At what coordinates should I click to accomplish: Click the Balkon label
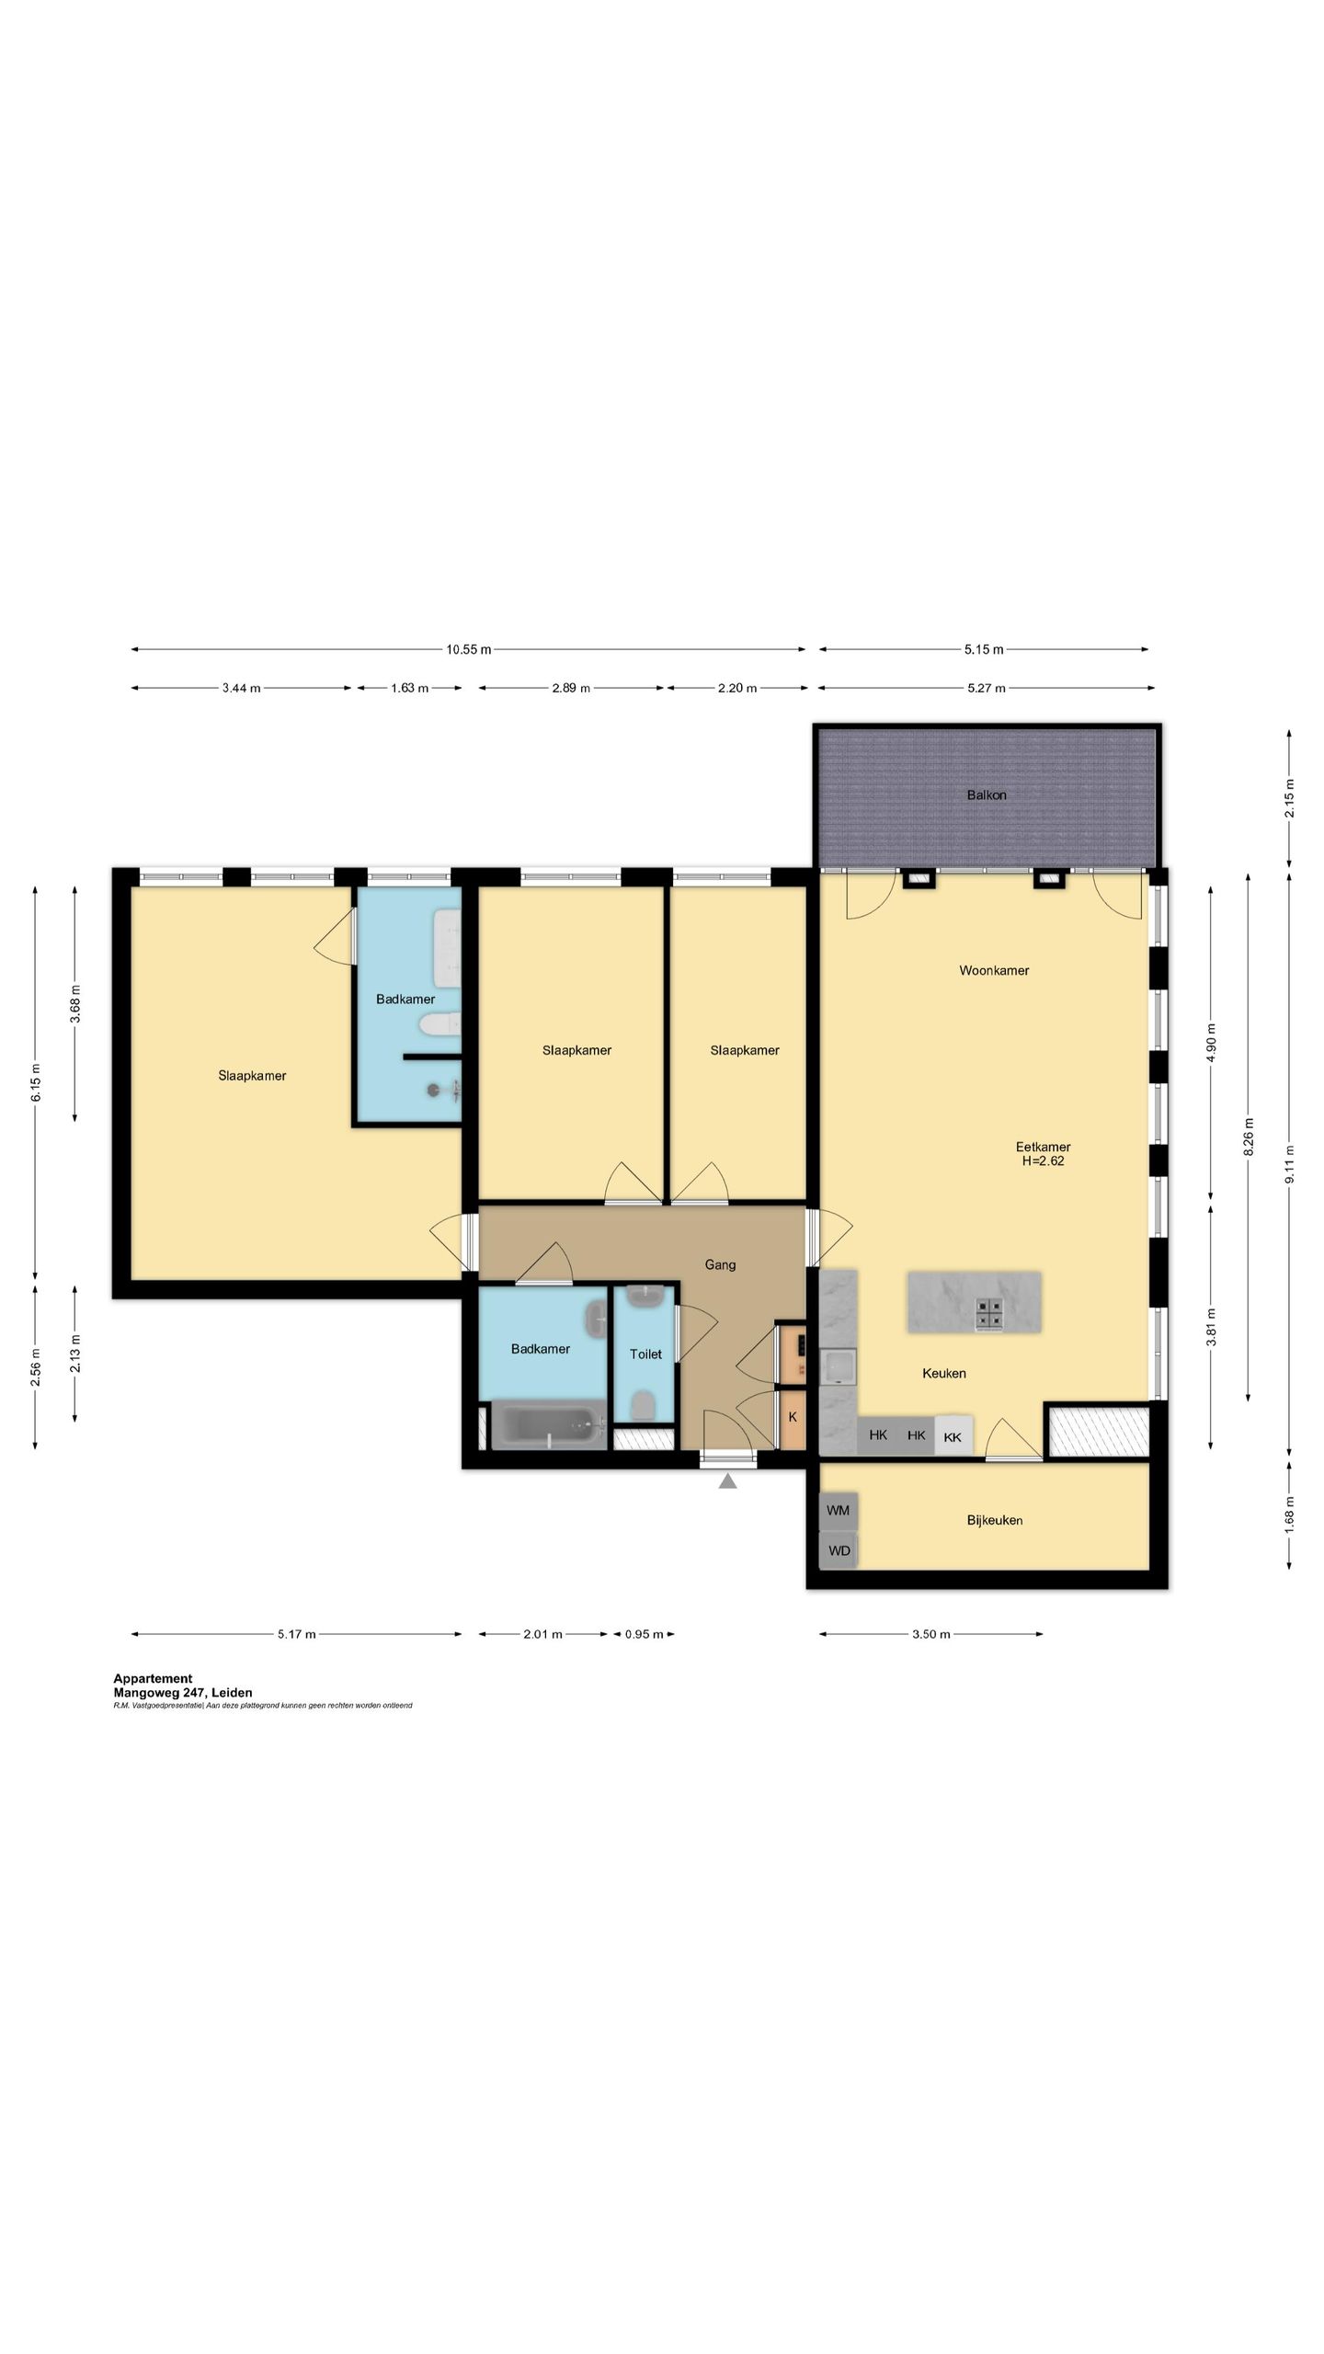click(x=986, y=795)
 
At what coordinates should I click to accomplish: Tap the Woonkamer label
click(x=994, y=970)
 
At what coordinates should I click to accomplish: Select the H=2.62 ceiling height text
click(x=1043, y=1161)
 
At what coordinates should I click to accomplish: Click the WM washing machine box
click(x=839, y=1511)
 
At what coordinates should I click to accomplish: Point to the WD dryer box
click(x=839, y=1551)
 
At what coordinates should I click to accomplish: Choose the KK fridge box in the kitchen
click(x=953, y=1436)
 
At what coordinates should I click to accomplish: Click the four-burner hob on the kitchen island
click(x=989, y=1314)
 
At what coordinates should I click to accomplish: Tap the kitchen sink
click(x=839, y=1367)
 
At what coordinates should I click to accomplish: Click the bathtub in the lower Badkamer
click(x=549, y=1425)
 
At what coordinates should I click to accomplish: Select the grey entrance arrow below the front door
click(x=728, y=1481)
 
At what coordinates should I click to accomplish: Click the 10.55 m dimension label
click(x=469, y=650)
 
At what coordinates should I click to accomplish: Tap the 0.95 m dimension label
click(x=645, y=1634)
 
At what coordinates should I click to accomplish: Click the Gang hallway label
click(x=720, y=1265)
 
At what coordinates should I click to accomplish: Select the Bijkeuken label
click(x=995, y=1521)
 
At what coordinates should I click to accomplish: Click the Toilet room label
click(x=645, y=1354)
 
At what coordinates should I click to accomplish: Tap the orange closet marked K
click(x=792, y=1418)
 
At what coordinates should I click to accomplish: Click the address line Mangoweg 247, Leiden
click(x=183, y=1692)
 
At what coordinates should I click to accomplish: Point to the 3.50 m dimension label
click(x=930, y=1634)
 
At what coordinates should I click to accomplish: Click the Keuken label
click(x=944, y=1374)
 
